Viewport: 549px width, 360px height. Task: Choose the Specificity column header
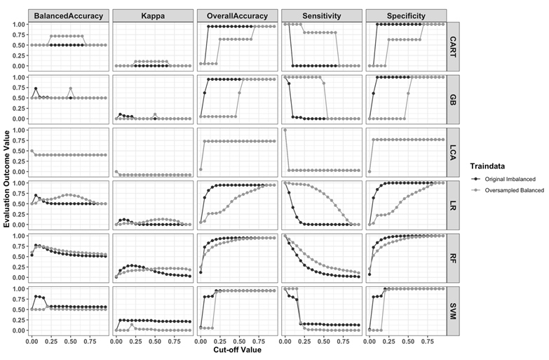405,15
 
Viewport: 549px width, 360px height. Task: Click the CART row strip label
454,45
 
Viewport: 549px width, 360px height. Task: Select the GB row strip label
454,98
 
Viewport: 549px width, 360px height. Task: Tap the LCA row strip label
454,150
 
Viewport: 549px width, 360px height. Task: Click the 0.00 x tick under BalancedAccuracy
32,341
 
